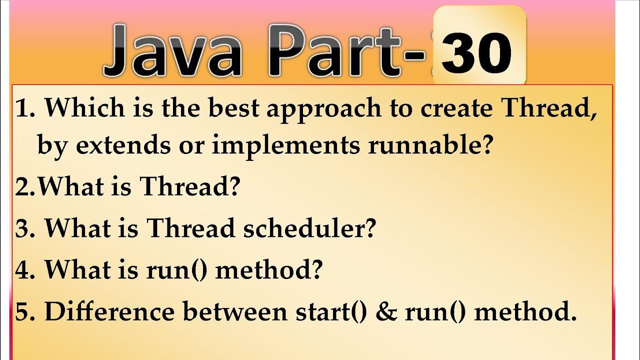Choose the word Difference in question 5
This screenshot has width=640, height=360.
[109, 311]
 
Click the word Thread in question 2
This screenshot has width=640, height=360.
[190, 186]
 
